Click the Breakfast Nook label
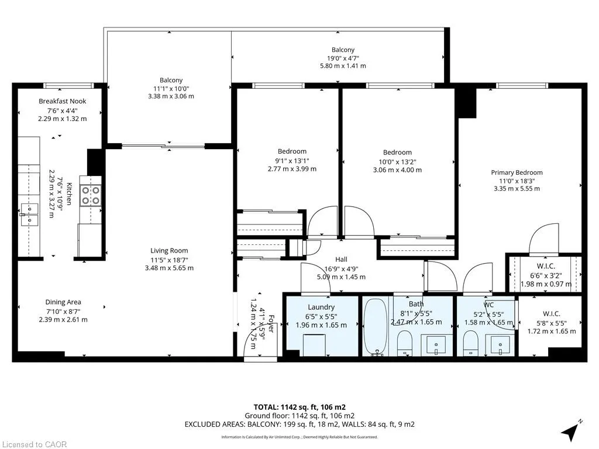pyautogui.click(x=62, y=101)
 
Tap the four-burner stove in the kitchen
pyautogui.click(x=91, y=195)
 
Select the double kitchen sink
pyautogui.click(x=29, y=215)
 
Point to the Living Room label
pyautogui.click(x=169, y=250)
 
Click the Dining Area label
pyautogui.click(x=63, y=302)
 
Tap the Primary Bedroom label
pyautogui.click(x=517, y=172)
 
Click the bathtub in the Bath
pyautogui.click(x=375, y=327)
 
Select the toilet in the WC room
pyautogui.click(x=471, y=343)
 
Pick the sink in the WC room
pyautogui.click(x=501, y=345)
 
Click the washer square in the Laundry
pyautogui.click(x=314, y=345)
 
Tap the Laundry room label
pyautogui.click(x=321, y=307)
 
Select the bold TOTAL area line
pyautogui.click(x=299, y=407)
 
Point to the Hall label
pyautogui.click(x=341, y=260)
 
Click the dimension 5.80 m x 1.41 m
pyautogui.click(x=343, y=65)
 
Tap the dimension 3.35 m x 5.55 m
pyautogui.click(x=517, y=189)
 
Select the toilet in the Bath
pyautogui.click(x=405, y=343)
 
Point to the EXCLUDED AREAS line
pyautogui.click(x=299, y=424)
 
